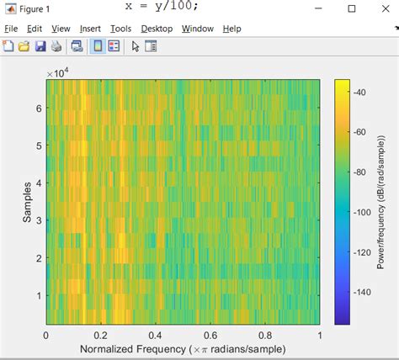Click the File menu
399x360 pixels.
11,29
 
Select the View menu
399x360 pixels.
61,29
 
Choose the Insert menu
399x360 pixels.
91,29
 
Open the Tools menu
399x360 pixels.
120,29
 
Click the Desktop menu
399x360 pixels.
157,29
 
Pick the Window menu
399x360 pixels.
198,29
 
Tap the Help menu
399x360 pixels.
231,29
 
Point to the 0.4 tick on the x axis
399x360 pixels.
156,335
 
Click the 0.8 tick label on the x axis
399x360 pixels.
265,335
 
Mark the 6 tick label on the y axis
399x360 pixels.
37,109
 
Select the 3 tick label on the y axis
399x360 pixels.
37,220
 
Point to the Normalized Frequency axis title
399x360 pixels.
183,349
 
